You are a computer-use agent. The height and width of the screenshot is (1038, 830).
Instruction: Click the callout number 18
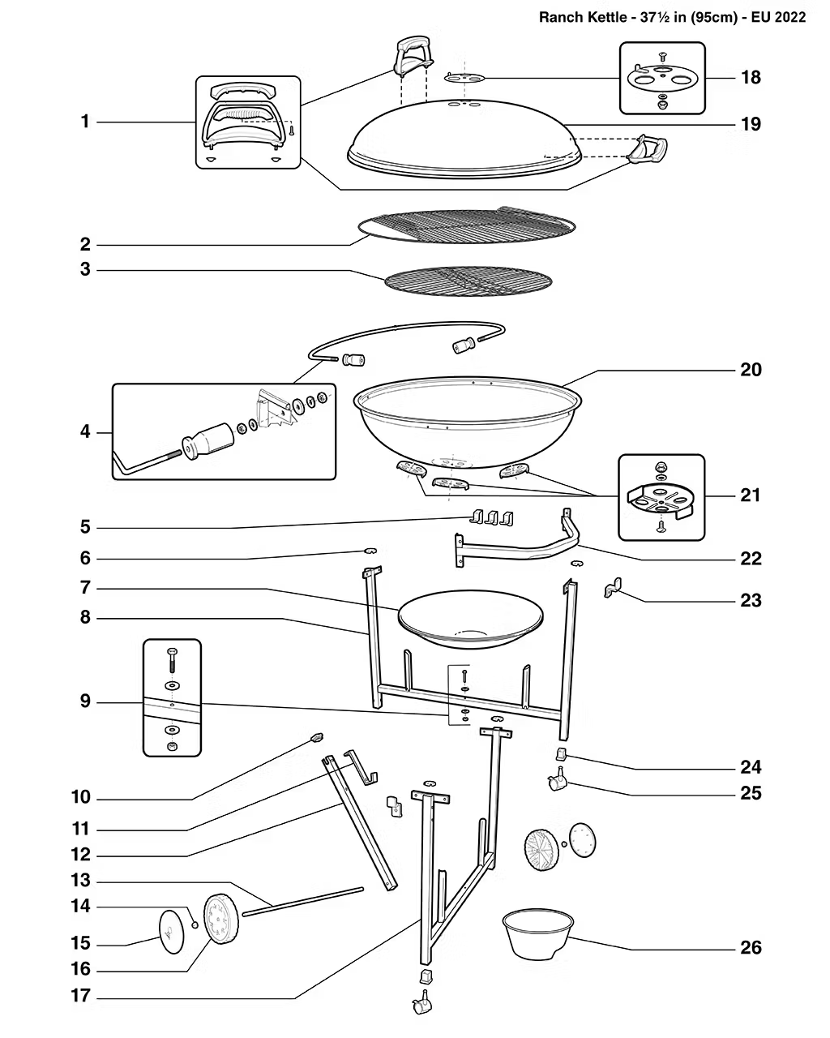click(x=751, y=78)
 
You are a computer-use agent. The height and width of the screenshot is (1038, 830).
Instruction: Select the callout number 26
click(x=751, y=947)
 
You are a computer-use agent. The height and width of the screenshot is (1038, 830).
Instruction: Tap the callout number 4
click(x=85, y=432)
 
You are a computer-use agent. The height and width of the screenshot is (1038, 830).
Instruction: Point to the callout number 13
click(x=81, y=881)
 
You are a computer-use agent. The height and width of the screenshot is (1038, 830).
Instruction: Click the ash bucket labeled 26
click(x=538, y=933)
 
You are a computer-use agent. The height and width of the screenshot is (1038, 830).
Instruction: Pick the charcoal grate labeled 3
click(x=468, y=281)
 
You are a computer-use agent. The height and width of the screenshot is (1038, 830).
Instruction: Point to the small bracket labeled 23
click(x=612, y=588)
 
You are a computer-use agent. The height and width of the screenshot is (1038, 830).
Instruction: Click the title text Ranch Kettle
click(x=583, y=17)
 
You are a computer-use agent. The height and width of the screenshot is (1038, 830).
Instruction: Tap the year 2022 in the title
click(x=789, y=17)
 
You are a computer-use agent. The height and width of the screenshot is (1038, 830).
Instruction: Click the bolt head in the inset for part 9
click(x=172, y=652)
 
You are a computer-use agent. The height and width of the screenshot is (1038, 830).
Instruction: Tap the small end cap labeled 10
click(x=316, y=736)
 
